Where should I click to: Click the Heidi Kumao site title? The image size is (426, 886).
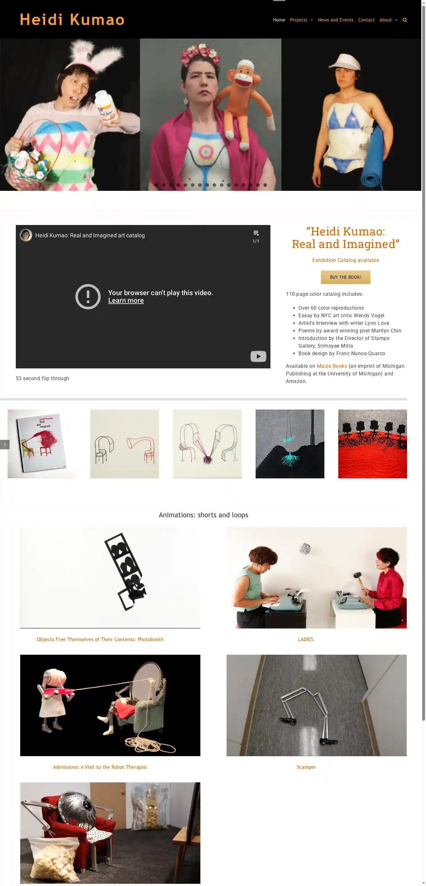point(72,20)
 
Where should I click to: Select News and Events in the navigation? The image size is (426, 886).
point(335,20)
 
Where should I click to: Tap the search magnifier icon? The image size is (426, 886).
point(405,20)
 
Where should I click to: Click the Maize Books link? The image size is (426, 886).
point(332,366)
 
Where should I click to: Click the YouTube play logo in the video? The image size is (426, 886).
point(258,356)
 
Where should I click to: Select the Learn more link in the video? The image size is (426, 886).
point(126,300)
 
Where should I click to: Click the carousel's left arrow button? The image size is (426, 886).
point(4,444)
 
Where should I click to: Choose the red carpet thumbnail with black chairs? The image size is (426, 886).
point(372,444)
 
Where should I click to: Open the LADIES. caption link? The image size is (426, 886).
point(306,640)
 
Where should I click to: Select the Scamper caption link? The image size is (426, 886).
point(306,767)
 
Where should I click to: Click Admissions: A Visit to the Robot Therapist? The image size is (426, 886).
point(100,767)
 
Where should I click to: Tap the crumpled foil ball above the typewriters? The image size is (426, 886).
point(305,548)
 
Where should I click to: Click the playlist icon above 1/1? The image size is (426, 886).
point(256,233)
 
